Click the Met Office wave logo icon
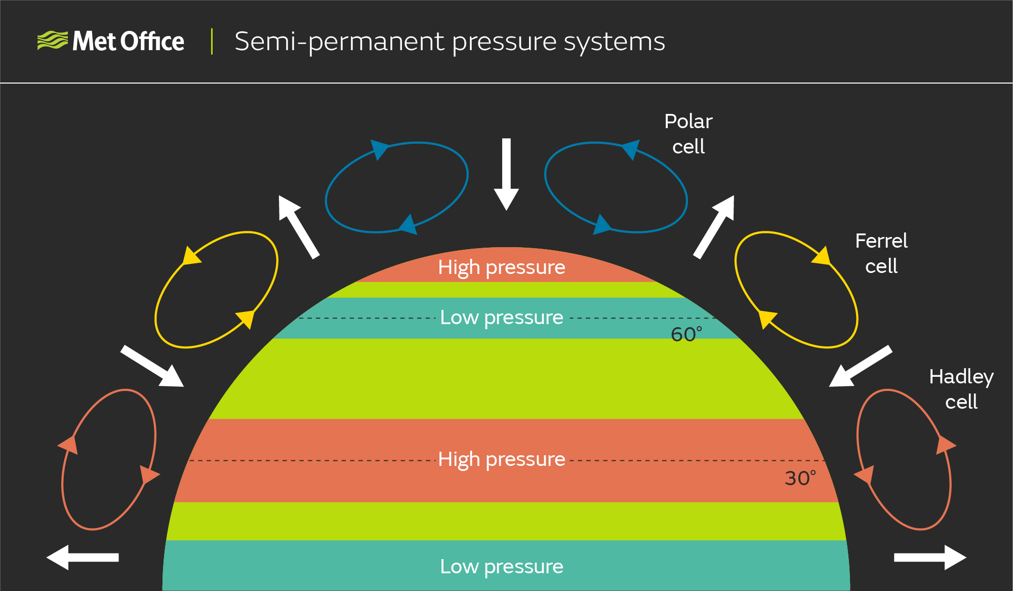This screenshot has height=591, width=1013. coord(52,41)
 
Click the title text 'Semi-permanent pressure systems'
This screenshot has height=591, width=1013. coord(450,42)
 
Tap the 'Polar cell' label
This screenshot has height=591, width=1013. coord(688,134)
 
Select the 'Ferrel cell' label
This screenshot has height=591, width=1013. coord(881,253)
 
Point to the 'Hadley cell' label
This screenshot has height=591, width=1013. coord(961,389)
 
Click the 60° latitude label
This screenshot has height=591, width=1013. coord(686,334)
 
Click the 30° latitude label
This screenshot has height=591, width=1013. coord(800,478)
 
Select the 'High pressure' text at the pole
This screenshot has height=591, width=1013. coord(501,267)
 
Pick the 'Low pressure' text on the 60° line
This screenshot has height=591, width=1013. coord(501,318)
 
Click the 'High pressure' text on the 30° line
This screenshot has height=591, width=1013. coord(501,459)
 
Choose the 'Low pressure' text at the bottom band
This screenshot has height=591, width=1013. coord(501,566)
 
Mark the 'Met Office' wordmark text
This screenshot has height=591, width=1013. coord(128,42)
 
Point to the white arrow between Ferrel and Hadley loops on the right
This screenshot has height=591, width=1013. coord(860,366)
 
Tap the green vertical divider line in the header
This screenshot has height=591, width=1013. coord(212,42)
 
